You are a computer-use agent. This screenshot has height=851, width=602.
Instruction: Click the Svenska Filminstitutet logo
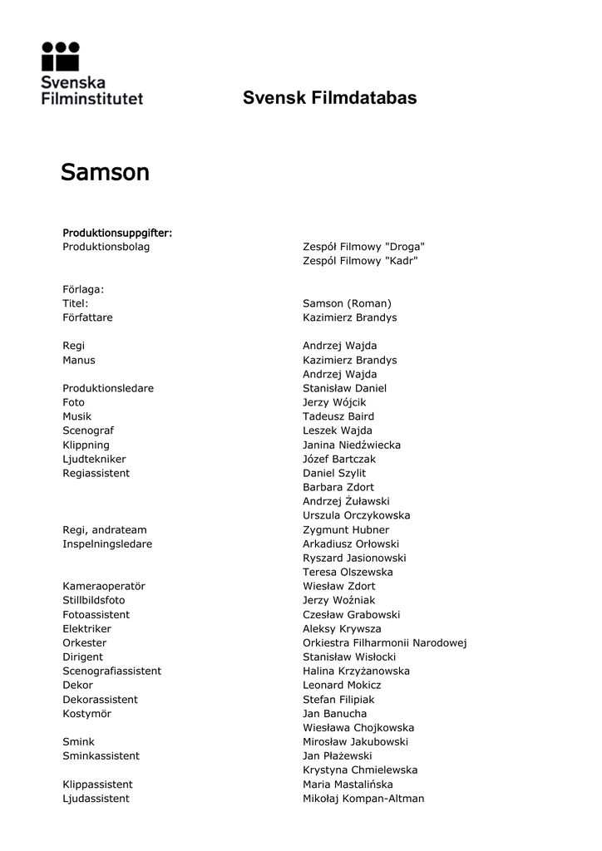pos(91,73)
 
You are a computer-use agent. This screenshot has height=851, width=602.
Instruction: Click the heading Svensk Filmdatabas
pos(329,98)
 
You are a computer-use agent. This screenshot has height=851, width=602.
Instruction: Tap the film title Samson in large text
pos(105,173)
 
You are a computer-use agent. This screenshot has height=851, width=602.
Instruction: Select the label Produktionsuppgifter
pos(117,233)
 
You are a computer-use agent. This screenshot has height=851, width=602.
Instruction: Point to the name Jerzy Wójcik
pos(334,402)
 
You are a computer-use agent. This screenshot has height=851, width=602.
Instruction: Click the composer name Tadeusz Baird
pos(338,416)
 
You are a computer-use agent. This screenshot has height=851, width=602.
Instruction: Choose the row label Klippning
pos(86,445)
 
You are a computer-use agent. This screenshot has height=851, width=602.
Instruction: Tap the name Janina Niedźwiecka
pos(352,445)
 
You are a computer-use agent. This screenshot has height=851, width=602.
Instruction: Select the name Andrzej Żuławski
pos(346,501)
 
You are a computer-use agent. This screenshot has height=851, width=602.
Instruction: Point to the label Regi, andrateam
pos(104,529)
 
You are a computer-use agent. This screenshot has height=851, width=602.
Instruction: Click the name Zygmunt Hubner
pos(346,529)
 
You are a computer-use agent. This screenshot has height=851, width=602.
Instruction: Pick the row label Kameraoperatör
pos(104,586)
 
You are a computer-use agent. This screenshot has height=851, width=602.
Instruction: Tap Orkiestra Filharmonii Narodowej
pos(385,642)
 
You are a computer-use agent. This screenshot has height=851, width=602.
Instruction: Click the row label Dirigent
pos(82,657)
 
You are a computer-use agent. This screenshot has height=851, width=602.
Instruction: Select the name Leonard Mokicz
pos(342,685)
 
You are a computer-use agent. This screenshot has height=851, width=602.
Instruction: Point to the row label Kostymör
pos(86,713)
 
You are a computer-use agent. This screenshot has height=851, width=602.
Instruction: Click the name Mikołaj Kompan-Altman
pos(363,798)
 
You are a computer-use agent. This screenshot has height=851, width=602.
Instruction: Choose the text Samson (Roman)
pos(347,303)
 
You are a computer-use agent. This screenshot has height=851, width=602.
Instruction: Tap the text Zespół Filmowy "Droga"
pos(363,247)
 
